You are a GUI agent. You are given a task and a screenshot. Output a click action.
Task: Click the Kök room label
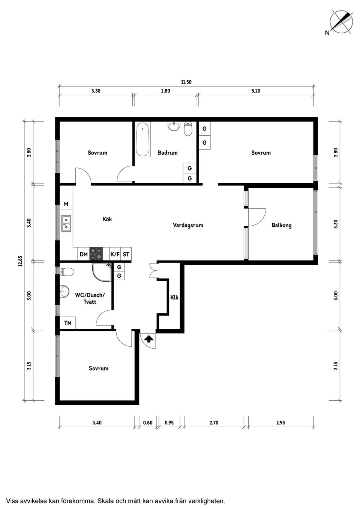click(x=107, y=219)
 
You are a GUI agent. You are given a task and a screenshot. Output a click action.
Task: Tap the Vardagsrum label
click(x=188, y=225)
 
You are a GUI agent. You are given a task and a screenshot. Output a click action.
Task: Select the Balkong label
click(x=282, y=225)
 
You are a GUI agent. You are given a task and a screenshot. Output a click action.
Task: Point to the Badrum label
click(x=168, y=153)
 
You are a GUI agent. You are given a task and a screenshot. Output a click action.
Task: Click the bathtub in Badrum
click(x=142, y=139)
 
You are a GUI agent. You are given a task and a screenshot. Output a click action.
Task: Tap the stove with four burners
click(x=96, y=254)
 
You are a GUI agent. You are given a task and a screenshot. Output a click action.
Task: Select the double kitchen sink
click(x=66, y=224)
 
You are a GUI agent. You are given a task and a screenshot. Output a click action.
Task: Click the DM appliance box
click(x=84, y=254)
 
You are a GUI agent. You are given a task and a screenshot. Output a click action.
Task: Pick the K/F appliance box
click(x=115, y=254)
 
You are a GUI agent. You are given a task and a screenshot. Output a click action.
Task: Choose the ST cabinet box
click(x=126, y=254)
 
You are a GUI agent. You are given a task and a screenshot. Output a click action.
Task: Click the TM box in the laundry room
click(x=68, y=323)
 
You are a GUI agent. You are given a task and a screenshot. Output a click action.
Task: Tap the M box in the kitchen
click(x=66, y=204)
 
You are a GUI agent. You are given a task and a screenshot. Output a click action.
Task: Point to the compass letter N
click(x=327, y=33)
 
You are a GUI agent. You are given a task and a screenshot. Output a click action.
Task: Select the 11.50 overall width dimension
click(x=186, y=82)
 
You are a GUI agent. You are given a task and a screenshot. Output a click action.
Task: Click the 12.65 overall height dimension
click(x=21, y=261)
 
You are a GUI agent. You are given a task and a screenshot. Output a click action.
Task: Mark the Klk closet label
click(x=174, y=297)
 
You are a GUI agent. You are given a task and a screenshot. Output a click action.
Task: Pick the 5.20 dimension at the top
click(x=256, y=91)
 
